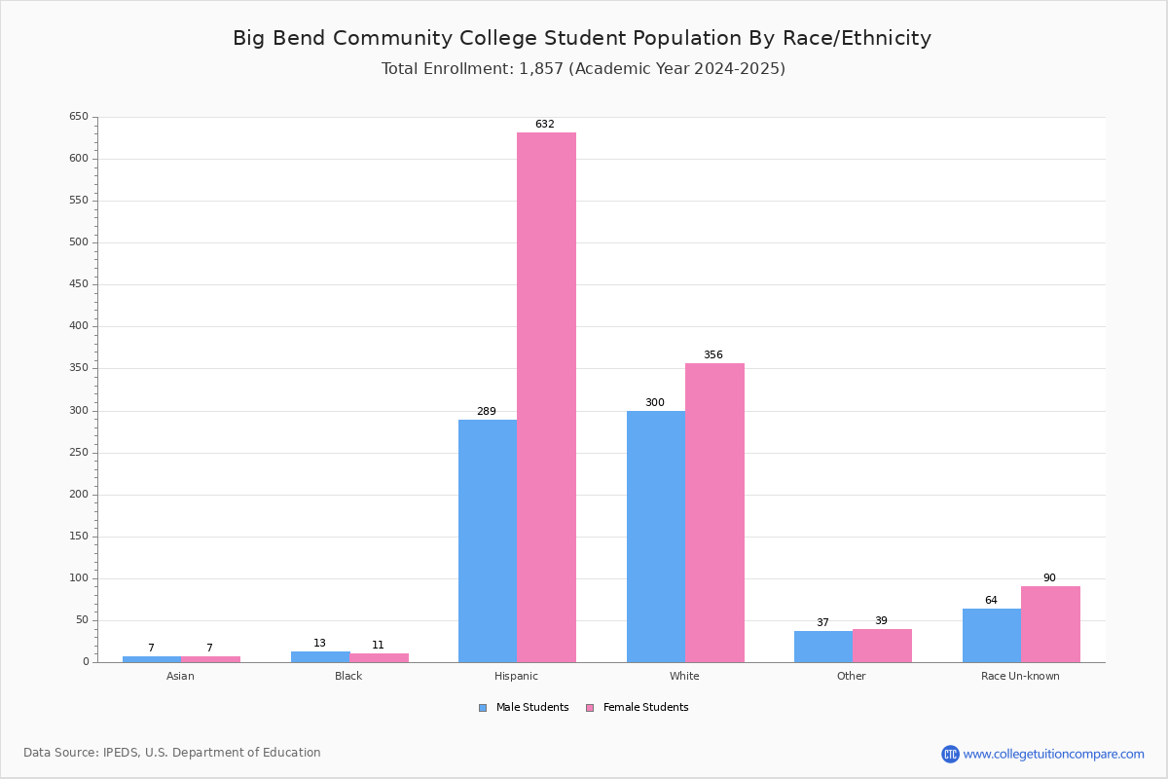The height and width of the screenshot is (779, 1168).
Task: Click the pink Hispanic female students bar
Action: (x=546, y=397)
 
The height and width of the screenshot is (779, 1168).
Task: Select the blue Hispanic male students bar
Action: (x=488, y=541)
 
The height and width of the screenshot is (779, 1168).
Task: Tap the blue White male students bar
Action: (x=656, y=537)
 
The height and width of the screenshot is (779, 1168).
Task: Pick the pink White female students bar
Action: (x=714, y=513)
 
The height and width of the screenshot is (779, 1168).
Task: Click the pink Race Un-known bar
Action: (x=1050, y=624)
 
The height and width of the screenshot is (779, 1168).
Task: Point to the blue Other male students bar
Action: (x=823, y=647)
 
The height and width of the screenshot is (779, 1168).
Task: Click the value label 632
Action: (x=545, y=125)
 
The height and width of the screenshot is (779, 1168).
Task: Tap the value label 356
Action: (x=713, y=354)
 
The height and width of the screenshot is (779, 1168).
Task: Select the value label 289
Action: (x=487, y=411)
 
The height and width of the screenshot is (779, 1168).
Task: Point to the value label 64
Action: (x=991, y=600)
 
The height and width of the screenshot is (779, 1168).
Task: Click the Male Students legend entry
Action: (x=524, y=708)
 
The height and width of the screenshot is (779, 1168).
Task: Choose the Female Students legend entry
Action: (x=638, y=708)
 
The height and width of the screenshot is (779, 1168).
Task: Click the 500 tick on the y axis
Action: (x=79, y=242)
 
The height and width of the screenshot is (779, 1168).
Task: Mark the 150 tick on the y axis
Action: (x=79, y=537)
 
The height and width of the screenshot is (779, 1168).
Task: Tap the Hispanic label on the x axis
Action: (x=516, y=676)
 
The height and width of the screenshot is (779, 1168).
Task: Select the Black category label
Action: (x=348, y=676)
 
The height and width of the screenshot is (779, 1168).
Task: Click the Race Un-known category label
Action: (x=1020, y=676)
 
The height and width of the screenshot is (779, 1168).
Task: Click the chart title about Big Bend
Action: (x=582, y=38)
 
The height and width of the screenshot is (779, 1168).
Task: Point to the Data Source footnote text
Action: (x=172, y=753)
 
